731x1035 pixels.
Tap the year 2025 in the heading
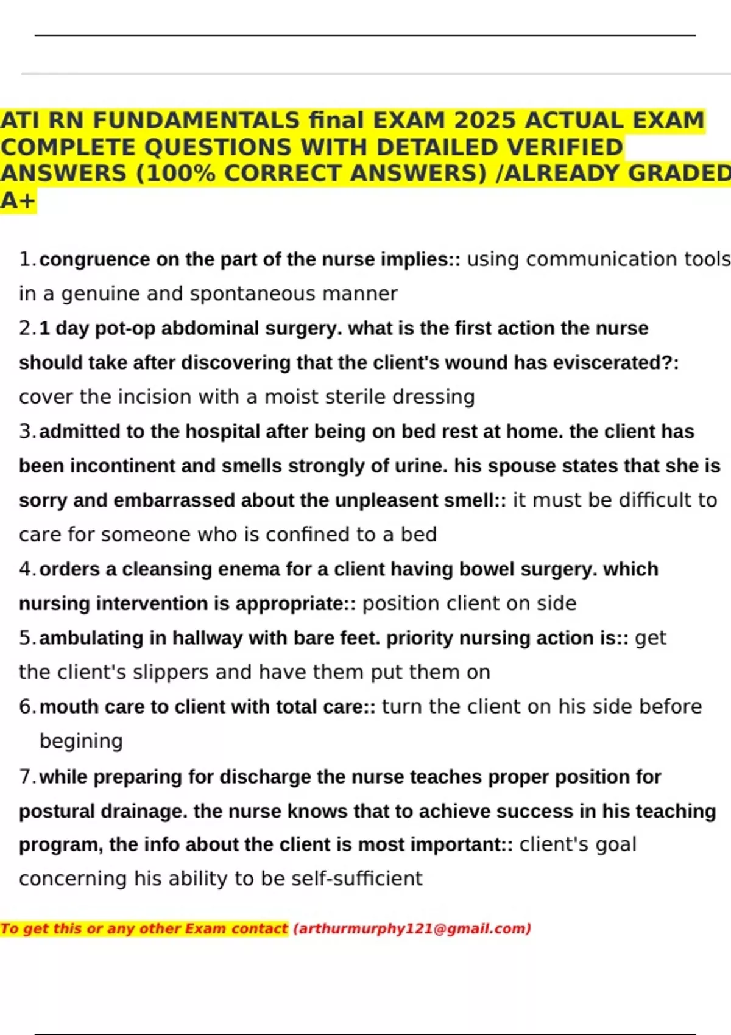pyautogui.click(x=485, y=121)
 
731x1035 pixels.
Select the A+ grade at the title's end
pyautogui.click(x=18, y=200)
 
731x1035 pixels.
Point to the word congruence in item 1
pyautogui.click(x=94, y=259)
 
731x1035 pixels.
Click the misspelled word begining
pyautogui.click(x=81, y=741)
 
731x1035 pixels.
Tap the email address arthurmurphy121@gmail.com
pyautogui.click(x=412, y=928)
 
